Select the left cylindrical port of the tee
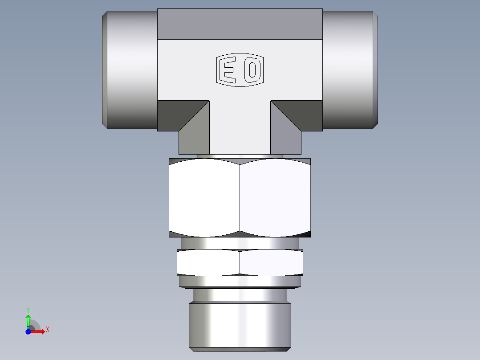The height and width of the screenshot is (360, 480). coord(130,70)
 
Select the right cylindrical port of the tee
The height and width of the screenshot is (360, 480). coord(350,70)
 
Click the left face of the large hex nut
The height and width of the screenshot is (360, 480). coord(204,198)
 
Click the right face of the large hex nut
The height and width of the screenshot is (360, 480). coord(275,198)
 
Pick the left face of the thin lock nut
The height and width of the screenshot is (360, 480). coord(208,262)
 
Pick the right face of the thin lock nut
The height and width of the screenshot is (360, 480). coord(272,262)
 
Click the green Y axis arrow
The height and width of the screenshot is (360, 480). coord(28,320)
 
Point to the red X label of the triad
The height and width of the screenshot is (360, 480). coord(48,330)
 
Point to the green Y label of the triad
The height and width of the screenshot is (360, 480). coord(28,309)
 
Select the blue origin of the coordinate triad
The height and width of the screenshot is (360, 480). coord(28,331)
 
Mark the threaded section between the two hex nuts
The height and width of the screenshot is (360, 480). coord(240,243)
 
